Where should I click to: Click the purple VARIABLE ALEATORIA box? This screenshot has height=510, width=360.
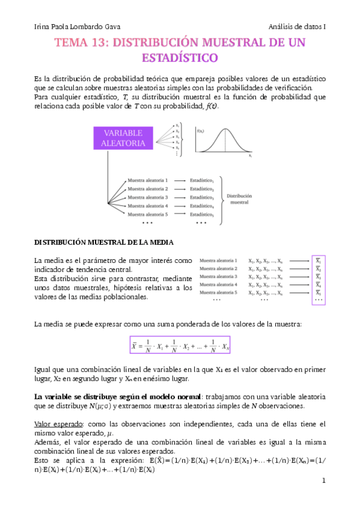tap(123, 138)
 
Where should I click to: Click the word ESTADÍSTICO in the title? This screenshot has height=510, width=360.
tap(180, 58)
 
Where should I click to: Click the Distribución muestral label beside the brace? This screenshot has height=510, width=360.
tap(240, 199)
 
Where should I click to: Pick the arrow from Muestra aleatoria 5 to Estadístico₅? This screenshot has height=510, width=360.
tap(180, 214)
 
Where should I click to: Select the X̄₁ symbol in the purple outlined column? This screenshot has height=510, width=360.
tap(319, 261)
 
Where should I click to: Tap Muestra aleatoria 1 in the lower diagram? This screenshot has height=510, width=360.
tap(222, 261)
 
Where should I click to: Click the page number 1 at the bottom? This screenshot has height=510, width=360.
tap(323, 481)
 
